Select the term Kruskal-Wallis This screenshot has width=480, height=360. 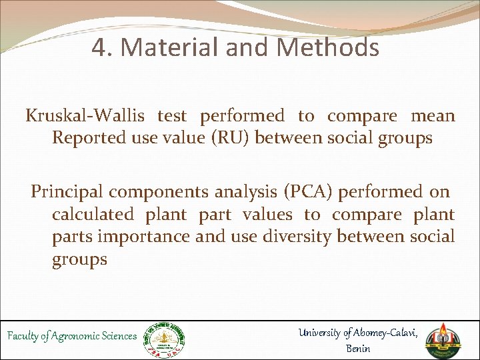tap(85, 116)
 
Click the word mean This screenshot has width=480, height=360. tap(433, 116)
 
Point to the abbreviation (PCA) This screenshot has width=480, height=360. tap(309, 192)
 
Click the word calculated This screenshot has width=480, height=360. tap(94, 215)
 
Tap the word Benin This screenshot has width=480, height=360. tap(359, 348)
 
